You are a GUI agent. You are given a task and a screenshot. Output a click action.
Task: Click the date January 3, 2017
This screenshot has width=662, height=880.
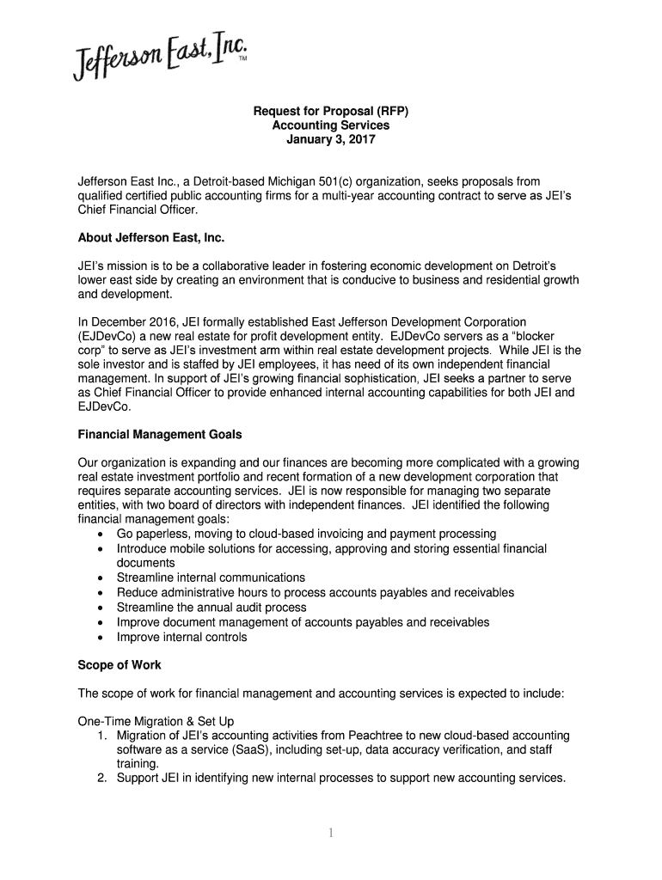pos(330,139)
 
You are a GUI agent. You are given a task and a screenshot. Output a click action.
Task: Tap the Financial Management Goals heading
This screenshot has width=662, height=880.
pos(166,434)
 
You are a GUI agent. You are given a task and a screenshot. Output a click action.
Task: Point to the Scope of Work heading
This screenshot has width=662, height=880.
pos(119,665)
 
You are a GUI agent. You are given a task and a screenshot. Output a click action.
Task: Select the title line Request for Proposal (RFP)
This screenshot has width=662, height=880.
pos(330,112)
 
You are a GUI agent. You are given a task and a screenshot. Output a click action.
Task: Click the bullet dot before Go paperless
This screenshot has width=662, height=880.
pos(101,535)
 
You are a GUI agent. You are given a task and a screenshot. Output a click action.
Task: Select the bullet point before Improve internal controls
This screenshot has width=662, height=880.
pos(101,638)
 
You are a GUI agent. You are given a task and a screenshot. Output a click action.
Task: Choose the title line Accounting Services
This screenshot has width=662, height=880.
pos(330,125)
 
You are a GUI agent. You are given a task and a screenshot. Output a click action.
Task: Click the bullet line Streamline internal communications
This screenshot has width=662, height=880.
pos(211,577)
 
